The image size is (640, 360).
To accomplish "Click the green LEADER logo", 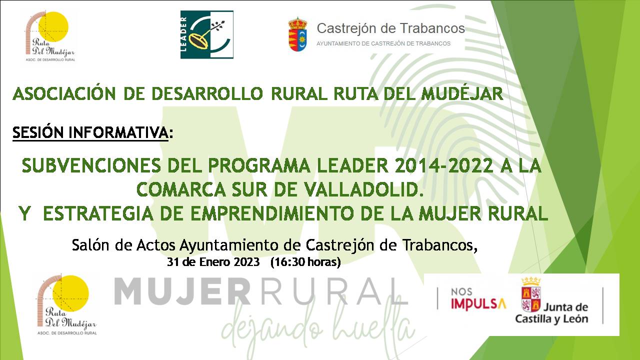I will click(x=206, y=34).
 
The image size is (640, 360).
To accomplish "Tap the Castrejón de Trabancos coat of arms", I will click(x=298, y=34).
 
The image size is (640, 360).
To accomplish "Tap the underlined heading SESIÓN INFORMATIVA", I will click(x=90, y=133).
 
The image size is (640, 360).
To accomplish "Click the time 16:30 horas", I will click(x=305, y=262).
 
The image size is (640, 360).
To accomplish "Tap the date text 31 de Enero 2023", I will click(x=213, y=262).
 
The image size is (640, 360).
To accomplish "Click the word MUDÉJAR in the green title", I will click(x=462, y=94).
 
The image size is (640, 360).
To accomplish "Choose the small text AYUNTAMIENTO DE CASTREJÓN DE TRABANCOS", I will click(x=383, y=43).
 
